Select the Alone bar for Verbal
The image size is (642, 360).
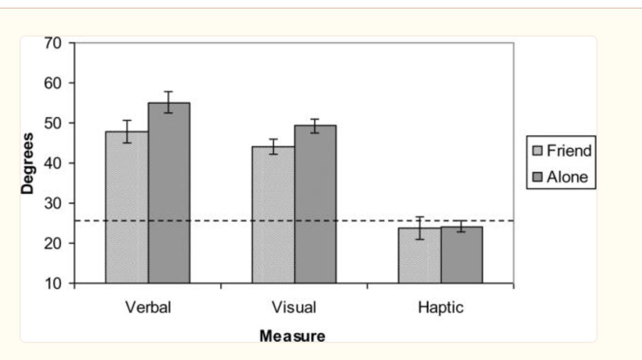pos(169,193)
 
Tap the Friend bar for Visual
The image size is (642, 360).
pos(273,214)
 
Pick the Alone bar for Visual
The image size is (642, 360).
pos(315,204)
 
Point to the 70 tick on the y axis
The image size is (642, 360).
pos(55,43)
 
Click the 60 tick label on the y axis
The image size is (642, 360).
pos(55,83)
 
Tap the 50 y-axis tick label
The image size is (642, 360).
pos(55,124)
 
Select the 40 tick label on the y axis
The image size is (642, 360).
pos(55,163)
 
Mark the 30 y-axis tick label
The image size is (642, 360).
pos(55,203)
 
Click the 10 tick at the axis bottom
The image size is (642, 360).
pos(55,284)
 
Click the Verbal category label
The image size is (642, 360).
pos(148,308)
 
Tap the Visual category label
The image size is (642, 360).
pos(294,308)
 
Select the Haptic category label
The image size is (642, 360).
pos(441,308)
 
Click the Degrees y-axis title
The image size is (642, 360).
pos(28,163)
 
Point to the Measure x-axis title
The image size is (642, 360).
pos(292,336)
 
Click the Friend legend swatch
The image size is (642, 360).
pos(538,151)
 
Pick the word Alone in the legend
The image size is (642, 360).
pos(567,177)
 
